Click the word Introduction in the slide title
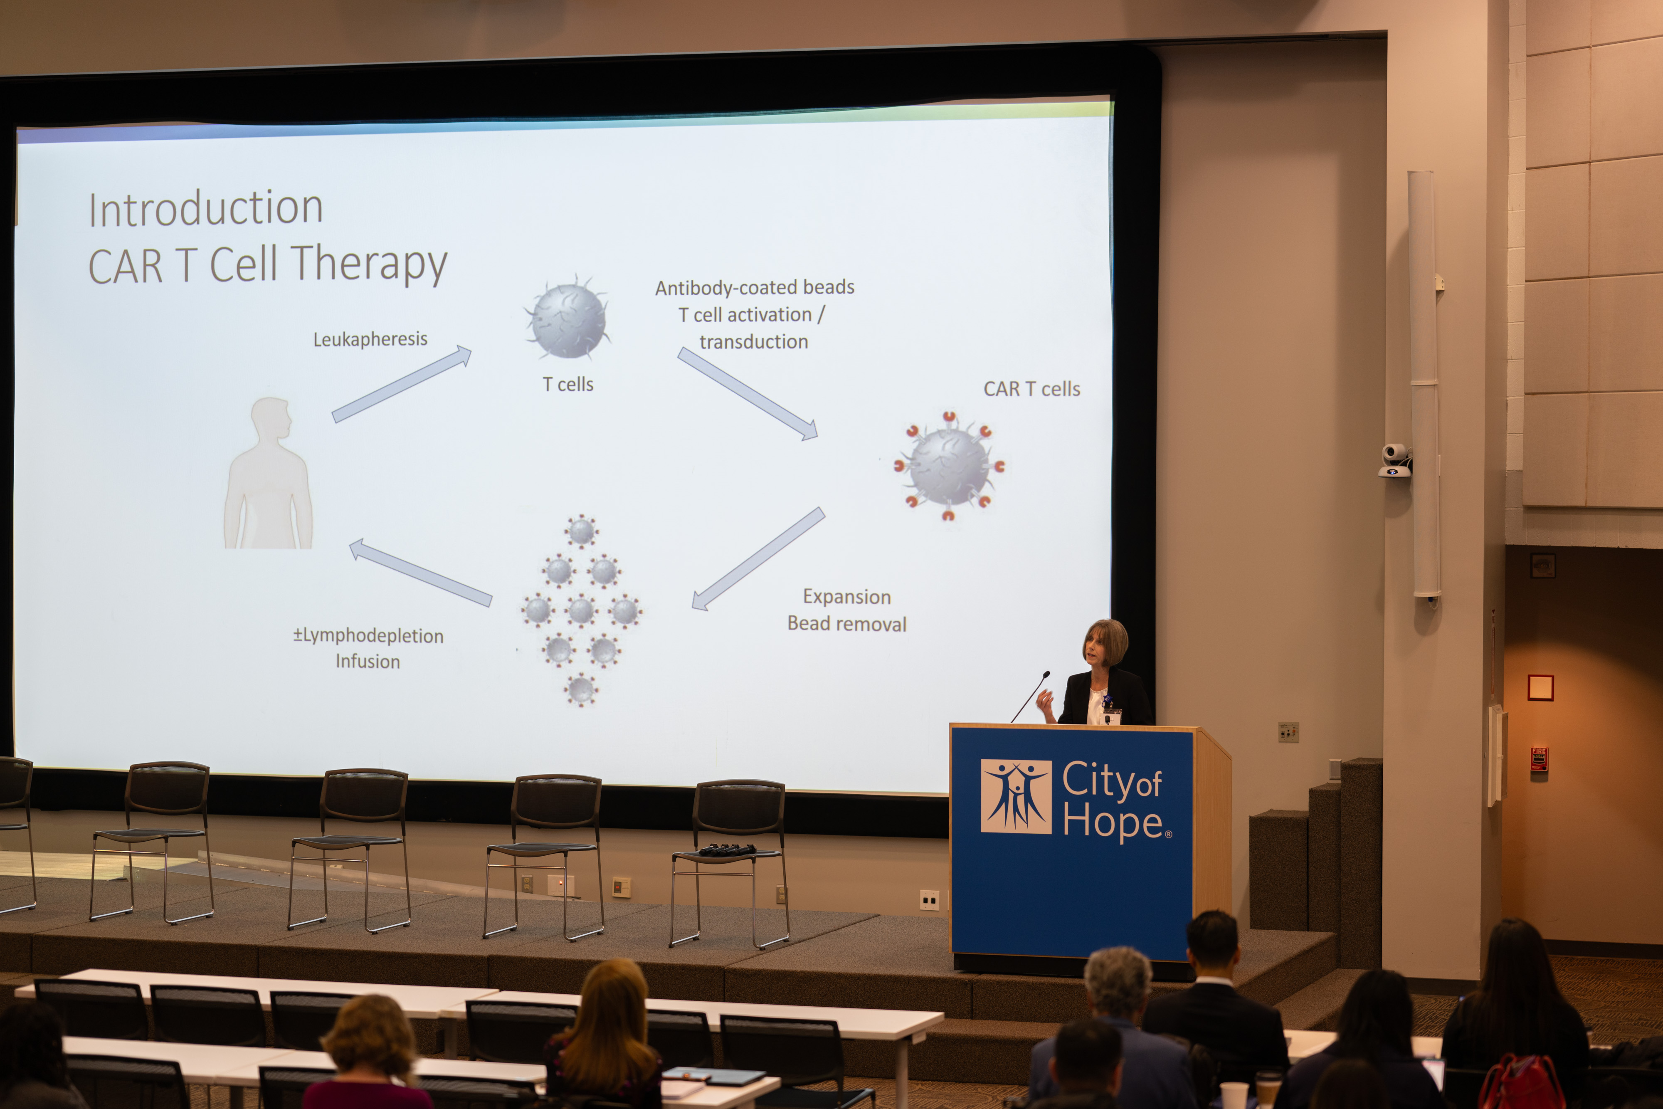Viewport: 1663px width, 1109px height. pyautogui.click(x=206, y=209)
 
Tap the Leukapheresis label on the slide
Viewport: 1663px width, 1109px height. pyautogui.click(x=370, y=339)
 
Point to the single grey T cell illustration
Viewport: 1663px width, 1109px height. pyautogui.click(x=568, y=318)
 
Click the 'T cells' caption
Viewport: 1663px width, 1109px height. pyautogui.click(x=568, y=384)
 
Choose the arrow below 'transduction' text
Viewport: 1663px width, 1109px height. pyautogui.click(x=748, y=394)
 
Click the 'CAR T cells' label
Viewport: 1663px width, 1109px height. pyautogui.click(x=1031, y=389)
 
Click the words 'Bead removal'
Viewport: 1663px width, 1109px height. pyautogui.click(x=846, y=624)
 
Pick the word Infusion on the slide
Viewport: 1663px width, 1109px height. pyautogui.click(x=368, y=661)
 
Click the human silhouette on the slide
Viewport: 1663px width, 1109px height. pyautogui.click(x=269, y=472)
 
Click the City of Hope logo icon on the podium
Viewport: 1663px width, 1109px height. pyautogui.click(x=1016, y=796)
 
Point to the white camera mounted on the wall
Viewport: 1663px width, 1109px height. pyautogui.click(x=1395, y=460)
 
